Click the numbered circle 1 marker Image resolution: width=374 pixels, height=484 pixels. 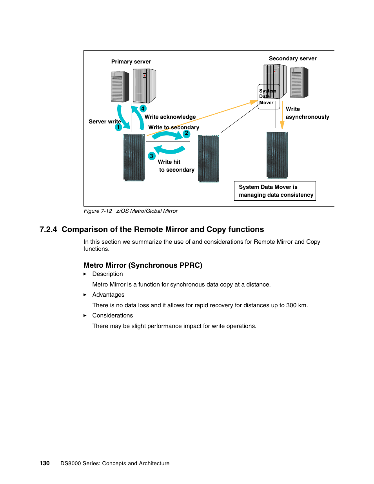118,127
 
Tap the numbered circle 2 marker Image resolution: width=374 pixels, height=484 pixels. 187,133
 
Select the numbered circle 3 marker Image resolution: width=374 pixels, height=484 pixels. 152,156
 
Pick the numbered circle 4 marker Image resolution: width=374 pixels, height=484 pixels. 143,109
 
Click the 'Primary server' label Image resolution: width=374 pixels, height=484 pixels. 131,62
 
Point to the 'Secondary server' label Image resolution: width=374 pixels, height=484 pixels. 293,58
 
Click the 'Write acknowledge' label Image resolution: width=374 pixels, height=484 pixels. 170,117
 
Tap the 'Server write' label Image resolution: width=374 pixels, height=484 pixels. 105,121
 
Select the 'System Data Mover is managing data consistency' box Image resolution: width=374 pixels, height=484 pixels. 275,191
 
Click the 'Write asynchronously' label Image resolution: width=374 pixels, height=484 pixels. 307,113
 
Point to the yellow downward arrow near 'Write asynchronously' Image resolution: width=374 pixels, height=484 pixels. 282,115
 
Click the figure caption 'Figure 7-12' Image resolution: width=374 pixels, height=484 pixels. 98,211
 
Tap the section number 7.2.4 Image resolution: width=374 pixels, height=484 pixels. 48,229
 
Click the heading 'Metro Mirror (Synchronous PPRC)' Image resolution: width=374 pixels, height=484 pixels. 143,265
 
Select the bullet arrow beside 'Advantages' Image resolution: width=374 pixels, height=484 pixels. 85,295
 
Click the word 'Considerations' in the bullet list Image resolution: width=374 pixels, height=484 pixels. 113,315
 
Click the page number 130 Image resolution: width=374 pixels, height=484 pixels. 45,463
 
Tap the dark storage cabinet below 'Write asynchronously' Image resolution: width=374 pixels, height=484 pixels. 277,155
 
